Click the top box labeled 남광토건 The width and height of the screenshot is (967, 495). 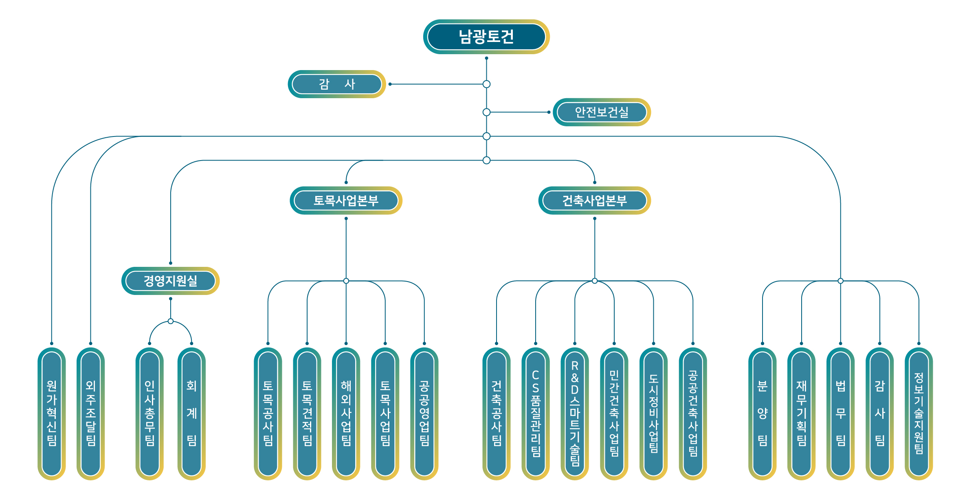(x=486, y=37)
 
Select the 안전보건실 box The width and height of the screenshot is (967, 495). (x=602, y=112)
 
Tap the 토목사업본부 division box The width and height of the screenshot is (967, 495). (x=346, y=200)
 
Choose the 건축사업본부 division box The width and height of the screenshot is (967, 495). (x=594, y=200)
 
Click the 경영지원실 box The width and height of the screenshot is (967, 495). (x=170, y=281)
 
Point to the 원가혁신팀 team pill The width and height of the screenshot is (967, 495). (x=52, y=414)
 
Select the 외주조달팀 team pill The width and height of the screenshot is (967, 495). (x=91, y=414)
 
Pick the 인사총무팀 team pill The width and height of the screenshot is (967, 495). (x=149, y=414)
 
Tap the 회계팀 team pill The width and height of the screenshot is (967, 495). (x=191, y=414)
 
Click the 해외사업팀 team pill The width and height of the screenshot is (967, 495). (x=346, y=414)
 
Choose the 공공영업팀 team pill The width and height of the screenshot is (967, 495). (x=424, y=414)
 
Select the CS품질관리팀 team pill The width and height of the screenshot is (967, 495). (x=536, y=414)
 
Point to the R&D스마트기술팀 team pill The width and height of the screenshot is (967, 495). (x=575, y=414)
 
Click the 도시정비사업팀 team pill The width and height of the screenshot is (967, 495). (x=653, y=414)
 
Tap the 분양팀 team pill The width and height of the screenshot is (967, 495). (x=763, y=414)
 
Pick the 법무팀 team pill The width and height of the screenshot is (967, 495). (x=841, y=414)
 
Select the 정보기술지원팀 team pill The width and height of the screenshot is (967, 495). (x=919, y=414)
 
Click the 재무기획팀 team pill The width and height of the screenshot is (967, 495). (x=802, y=414)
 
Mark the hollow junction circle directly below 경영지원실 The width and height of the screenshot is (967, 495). (x=171, y=321)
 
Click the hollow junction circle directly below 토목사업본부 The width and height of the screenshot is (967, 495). (x=346, y=281)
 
